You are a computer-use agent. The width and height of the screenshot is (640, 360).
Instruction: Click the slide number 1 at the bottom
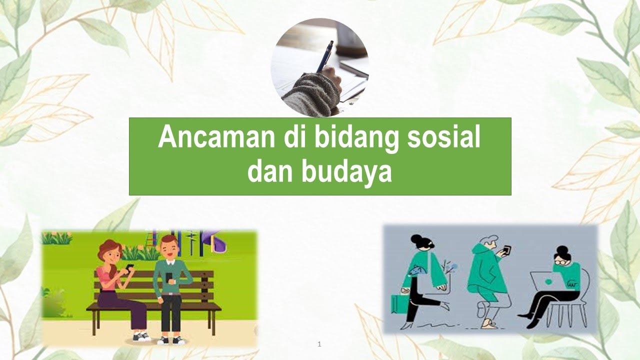click(x=319, y=344)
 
